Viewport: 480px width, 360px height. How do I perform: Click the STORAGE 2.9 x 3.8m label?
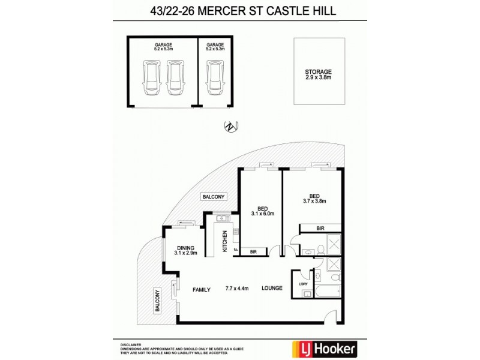(318, 74)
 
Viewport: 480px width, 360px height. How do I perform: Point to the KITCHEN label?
(226, 241)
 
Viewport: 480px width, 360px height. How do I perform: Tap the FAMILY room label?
(202, 289)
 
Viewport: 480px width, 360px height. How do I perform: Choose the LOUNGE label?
(272, 289)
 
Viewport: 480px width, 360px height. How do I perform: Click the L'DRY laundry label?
(302, 284)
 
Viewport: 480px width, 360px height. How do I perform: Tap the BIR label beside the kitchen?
(253, 252)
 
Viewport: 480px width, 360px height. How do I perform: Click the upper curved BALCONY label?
(213, 197)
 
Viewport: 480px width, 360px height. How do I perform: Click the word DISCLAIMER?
(131, 340)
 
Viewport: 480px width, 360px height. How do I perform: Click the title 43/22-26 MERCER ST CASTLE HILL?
(239, 10)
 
